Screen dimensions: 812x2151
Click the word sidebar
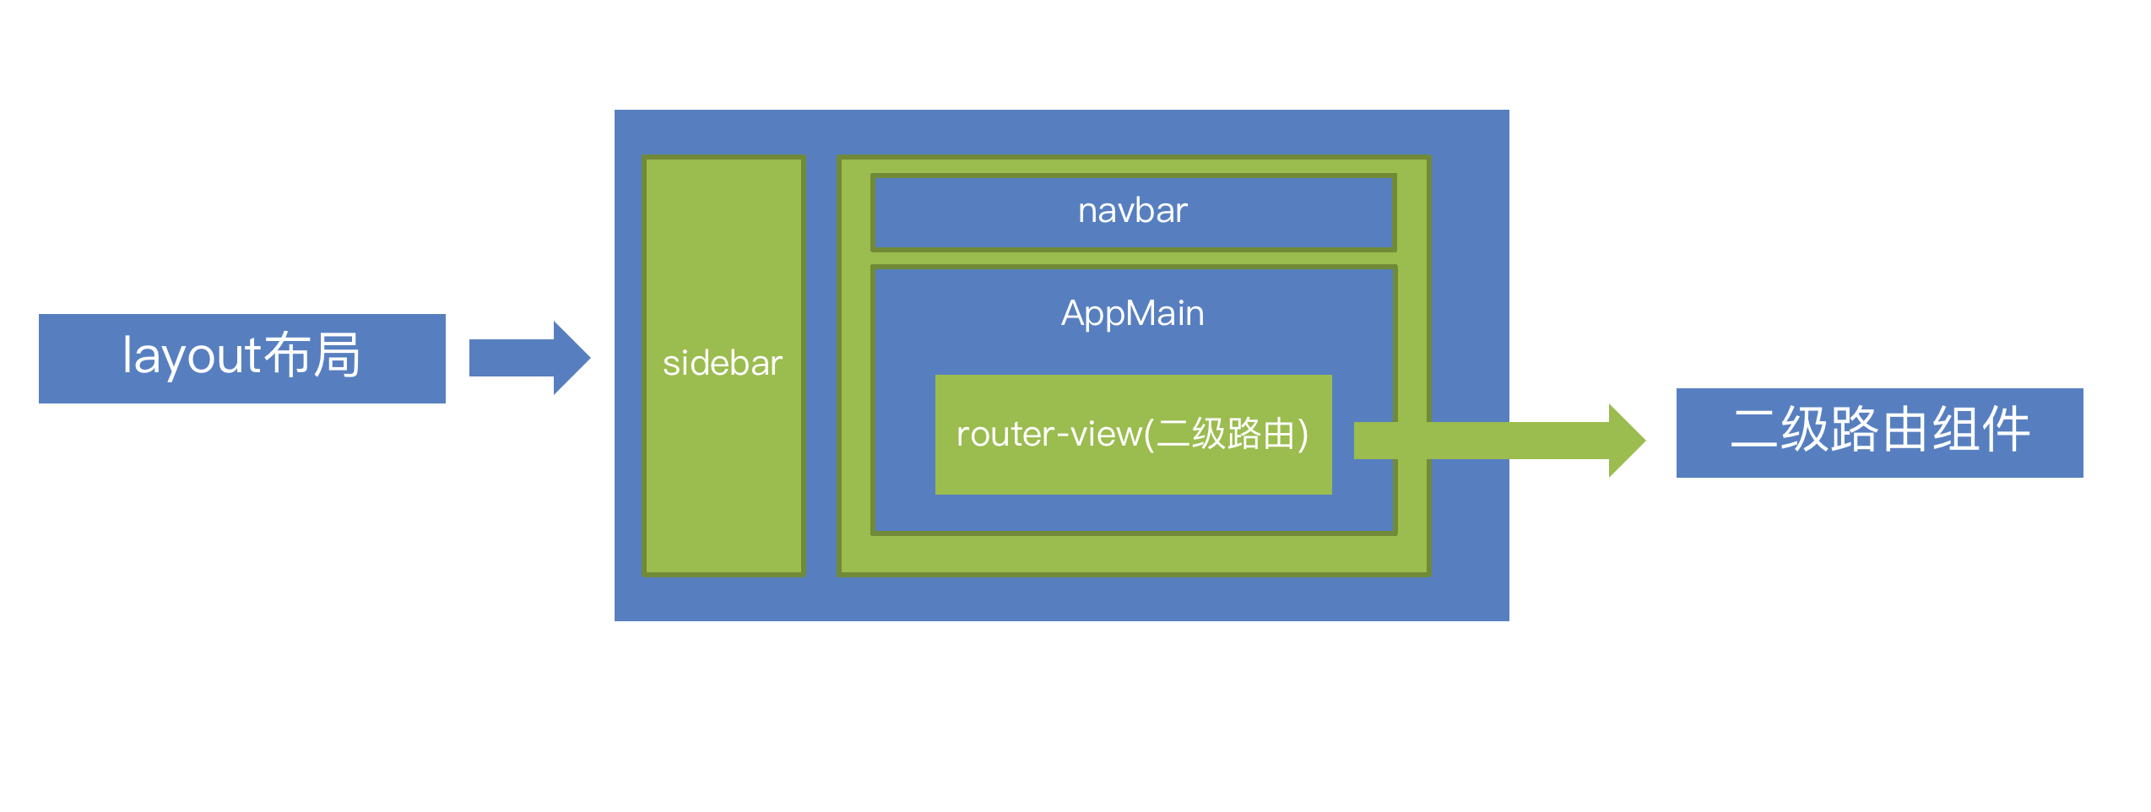pyautogui.click(x=723, y=364)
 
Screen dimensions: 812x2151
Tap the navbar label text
pyautogui.click(x=1132, y=211)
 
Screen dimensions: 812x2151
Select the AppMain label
pyautogui.click(x=1132, y=314)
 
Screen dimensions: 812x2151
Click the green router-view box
pyautogui.click(x=1133, y=473)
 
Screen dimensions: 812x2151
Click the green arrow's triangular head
pyautogui.click(x=1625, y=441)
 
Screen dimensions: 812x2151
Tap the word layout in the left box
pyautogui.click(x=192, y=355)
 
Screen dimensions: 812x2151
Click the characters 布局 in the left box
pyautogui.click(x=312, y=355)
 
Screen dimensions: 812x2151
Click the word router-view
pyautogui.click(x=1049, y=435)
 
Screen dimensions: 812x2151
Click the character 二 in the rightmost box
pyautogui.click(x=1754, y=430)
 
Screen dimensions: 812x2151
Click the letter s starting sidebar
pyautogui.click(x=670, y=365)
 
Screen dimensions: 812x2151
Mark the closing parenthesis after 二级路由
pyautogui.click(x=1303, y=435)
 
